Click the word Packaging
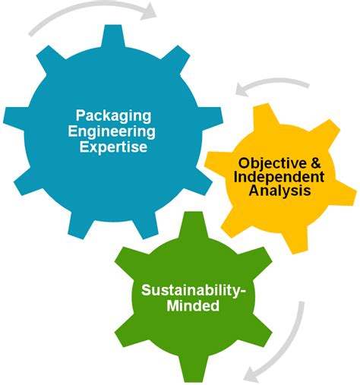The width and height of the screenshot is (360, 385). (113, 116)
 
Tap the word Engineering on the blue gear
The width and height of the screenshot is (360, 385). (112, 131)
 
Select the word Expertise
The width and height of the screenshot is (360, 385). (113, 147)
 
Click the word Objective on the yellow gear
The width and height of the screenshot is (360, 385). (272, 164)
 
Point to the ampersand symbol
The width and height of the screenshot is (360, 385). (314, 163)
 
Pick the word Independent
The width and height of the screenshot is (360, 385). (279, 177)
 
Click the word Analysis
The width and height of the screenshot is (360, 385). (279, 190)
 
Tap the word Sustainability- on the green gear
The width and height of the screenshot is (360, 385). (193, 290)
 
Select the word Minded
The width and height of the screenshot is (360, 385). (193, 305)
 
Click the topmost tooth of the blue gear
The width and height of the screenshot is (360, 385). (113, 36)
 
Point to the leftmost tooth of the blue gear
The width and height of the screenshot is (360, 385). (14, 115)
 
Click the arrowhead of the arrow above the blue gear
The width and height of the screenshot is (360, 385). (149, 11)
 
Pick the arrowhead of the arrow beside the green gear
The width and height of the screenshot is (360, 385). (251, 374)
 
